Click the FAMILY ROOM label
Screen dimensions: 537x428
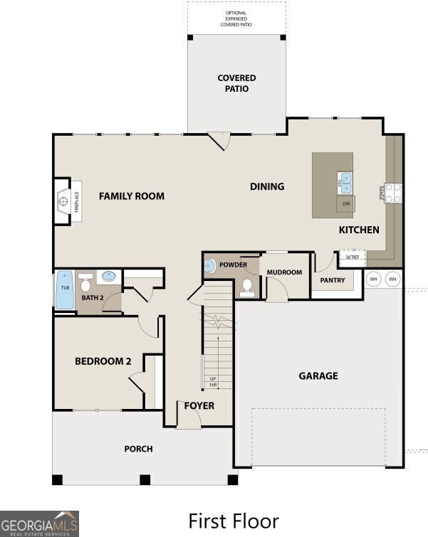point(131,196)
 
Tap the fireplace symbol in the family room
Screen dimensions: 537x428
point(64,202)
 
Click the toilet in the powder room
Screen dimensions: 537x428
point(247,286)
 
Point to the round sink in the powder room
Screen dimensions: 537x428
point(210,266)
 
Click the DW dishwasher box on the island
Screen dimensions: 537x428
point(346,204)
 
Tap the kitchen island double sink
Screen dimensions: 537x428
point(345,183)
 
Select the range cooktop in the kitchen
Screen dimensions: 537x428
point(392,193)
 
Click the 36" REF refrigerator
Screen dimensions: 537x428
point(351,256)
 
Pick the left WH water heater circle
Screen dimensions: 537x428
point(373,280)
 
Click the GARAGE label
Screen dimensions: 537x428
point(318,376)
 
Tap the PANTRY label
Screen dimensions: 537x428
point(332,280)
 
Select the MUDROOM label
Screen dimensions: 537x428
point(284,272)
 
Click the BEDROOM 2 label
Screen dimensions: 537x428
point(103,361)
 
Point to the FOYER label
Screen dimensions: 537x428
point(199,406)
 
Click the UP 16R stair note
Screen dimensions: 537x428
point(212,382)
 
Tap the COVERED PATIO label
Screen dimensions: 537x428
point(236,83)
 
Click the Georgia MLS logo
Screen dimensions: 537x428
point(39,523)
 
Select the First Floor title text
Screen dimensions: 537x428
point(233,521)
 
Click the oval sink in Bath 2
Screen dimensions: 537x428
point(110,276)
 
